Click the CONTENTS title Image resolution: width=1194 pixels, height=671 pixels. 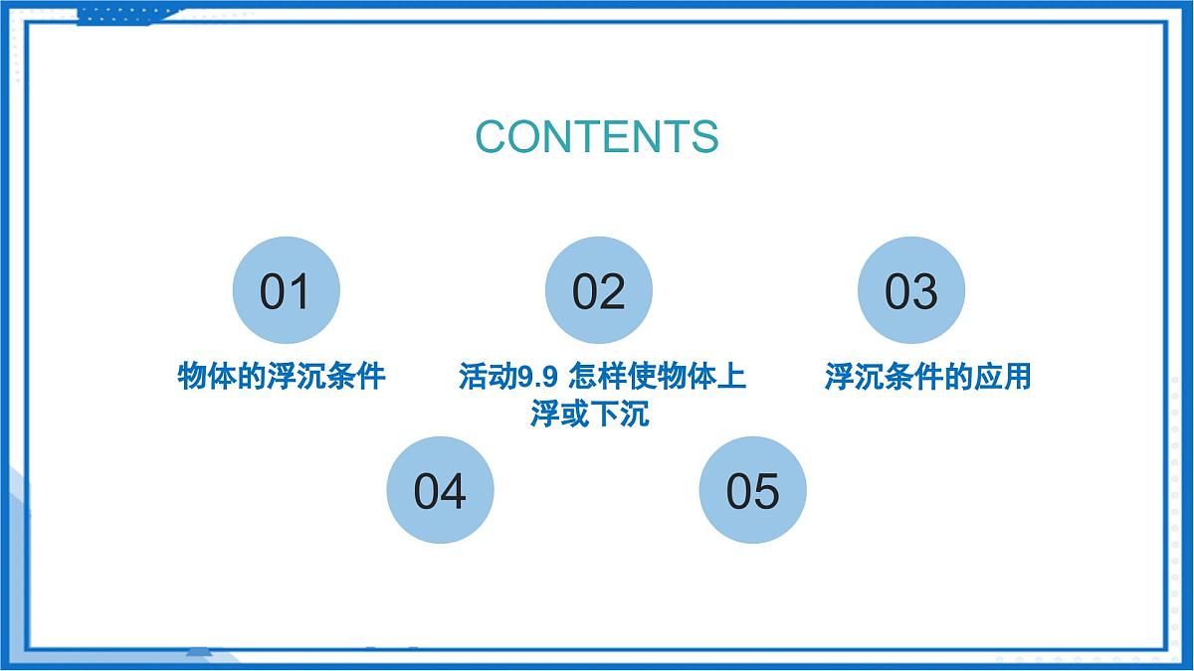596,136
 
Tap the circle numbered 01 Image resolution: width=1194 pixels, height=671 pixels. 286,291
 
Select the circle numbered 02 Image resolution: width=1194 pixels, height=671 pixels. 598,291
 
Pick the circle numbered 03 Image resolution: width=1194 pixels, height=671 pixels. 910,291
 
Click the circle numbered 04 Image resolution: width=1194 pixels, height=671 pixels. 440,490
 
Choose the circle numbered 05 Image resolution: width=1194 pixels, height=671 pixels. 752,490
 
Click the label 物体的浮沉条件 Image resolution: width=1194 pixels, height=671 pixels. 282,377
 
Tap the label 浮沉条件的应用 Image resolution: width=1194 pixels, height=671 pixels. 927,377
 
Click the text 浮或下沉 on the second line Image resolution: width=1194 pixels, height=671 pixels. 590,413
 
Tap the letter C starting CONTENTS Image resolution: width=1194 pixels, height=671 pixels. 490,136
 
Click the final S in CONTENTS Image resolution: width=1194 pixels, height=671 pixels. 705,136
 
